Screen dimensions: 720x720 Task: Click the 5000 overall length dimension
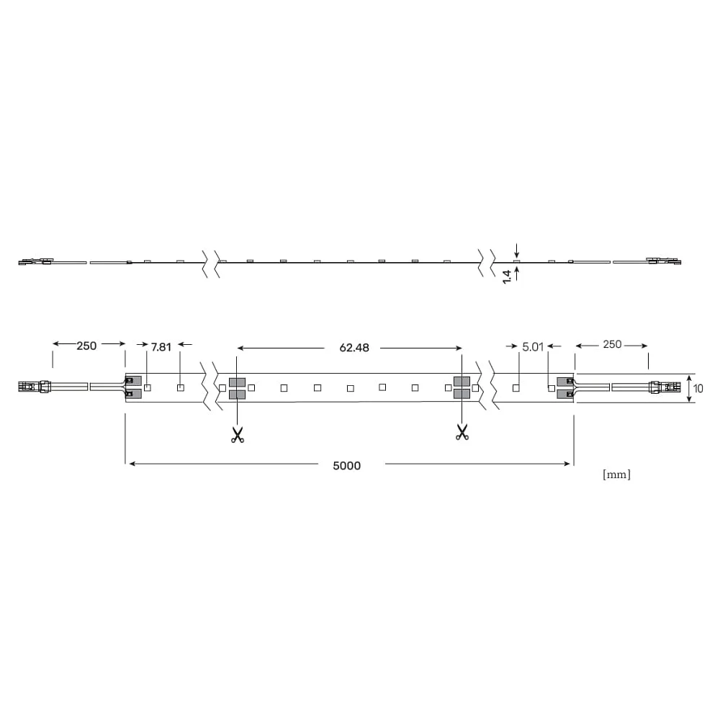coord(347,466)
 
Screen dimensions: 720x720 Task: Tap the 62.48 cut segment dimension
coord(354,348)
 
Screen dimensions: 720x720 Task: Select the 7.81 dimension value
coord(161,347)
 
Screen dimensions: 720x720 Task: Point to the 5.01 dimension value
coord(533,347)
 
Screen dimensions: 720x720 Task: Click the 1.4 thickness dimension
coord(507,277)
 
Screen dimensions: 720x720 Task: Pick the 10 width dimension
coord(698,389)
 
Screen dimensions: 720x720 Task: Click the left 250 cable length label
coord(86,346)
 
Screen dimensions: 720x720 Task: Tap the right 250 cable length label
coord(612,344)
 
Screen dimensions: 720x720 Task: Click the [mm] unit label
coord(616,474)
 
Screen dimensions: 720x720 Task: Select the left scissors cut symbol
coord(238,435)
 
